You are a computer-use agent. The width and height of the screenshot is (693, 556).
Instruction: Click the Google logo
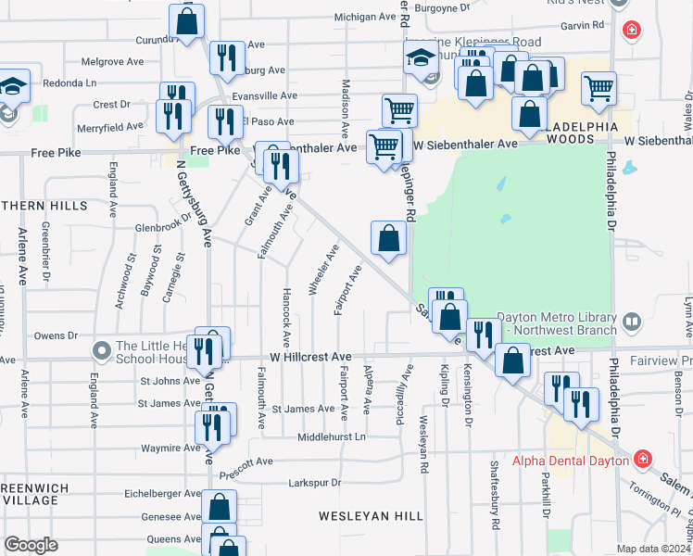[30, 544]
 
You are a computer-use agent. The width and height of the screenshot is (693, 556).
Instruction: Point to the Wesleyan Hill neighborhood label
[363, 514]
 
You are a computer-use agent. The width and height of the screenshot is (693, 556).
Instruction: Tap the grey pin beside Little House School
[102, 350]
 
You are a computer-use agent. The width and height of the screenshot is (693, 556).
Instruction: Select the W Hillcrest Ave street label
[310, 357]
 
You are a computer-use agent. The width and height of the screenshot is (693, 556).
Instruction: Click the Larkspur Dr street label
[315, 483]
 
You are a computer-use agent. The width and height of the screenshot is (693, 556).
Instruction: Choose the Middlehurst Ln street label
[333, 436]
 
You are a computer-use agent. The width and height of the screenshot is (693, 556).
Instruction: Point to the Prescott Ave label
[246, 461]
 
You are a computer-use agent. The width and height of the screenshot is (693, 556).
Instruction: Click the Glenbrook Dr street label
[162, 227]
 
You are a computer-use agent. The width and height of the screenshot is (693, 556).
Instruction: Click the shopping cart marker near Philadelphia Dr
[599, 90]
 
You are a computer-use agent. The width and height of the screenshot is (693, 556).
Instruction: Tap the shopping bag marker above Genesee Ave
[220, 507]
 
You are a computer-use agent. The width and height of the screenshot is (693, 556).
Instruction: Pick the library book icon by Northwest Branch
[632, 322]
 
